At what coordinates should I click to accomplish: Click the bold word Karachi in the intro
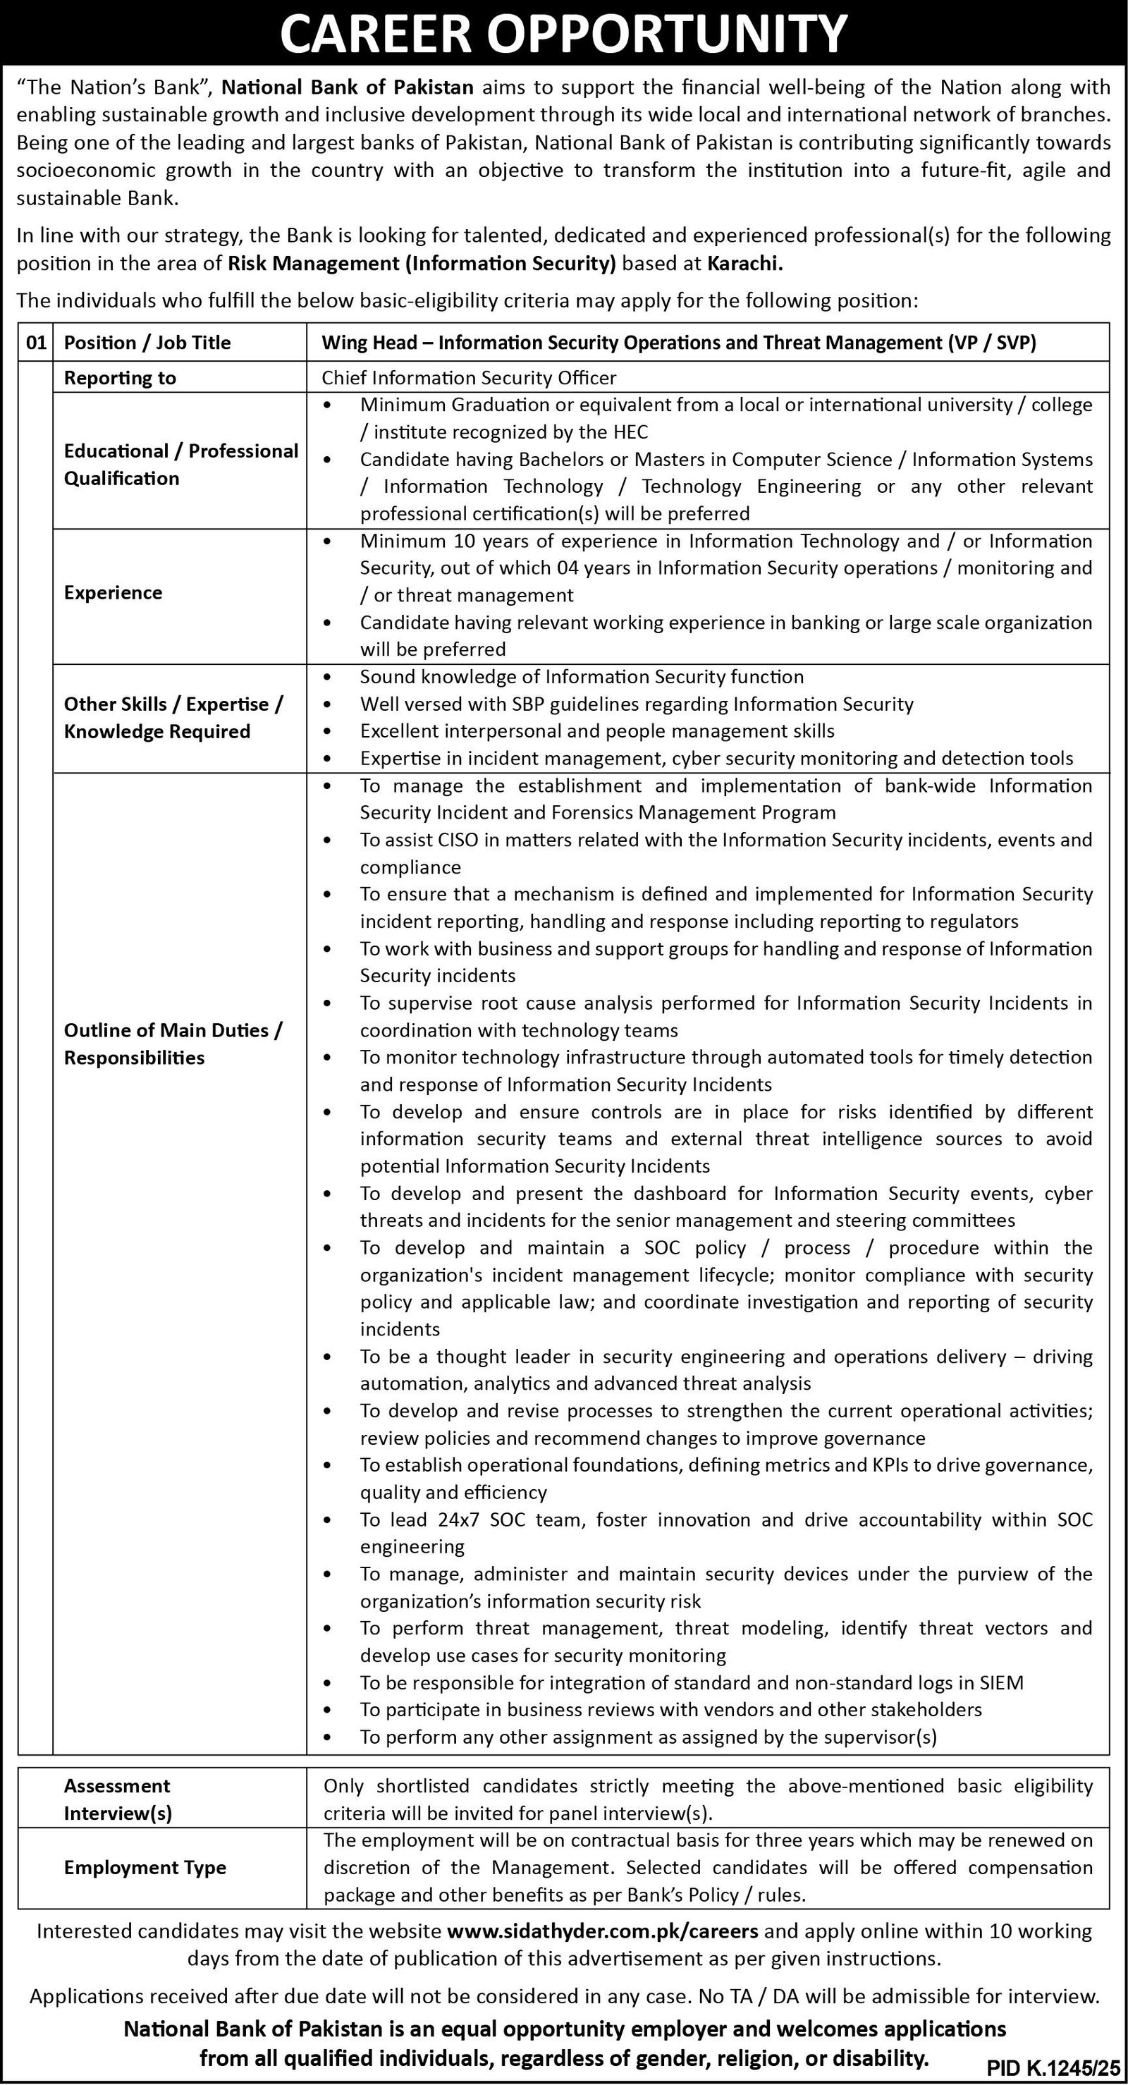tap(744, 263)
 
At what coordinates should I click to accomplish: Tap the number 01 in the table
tap(36, 343)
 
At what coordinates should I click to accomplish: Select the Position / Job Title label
tap(147, 343)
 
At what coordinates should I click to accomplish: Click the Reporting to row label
tap(120, 377)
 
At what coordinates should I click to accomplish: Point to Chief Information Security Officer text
tap(469, 377)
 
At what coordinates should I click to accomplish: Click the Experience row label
tap(114, 592)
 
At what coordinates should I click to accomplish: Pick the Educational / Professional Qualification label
tap(180, 465)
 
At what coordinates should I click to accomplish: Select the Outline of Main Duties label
tap(173, 1044)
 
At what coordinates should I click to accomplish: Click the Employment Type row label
tap(145, 1867)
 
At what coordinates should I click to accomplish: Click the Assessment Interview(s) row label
tap(118, 1799)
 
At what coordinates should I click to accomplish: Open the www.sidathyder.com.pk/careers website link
tap(602, 1931)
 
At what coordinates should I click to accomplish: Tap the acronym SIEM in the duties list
tap(1002, 1682)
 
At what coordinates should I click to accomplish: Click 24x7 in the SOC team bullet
tap(460, 1520)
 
